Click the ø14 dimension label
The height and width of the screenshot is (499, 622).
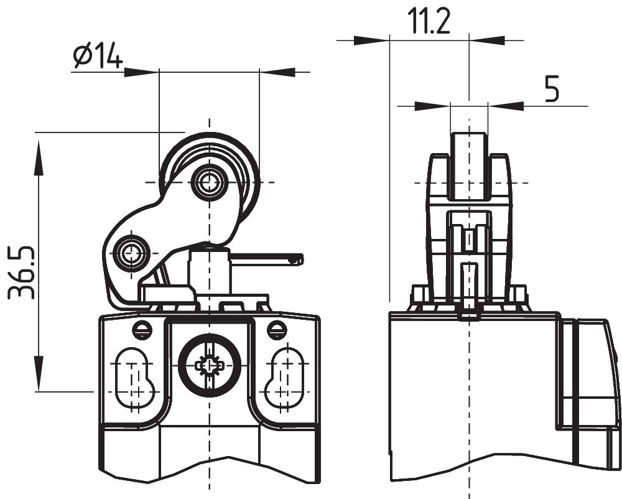tap(98, 57)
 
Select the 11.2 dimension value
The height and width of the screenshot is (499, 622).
tap(429, 22)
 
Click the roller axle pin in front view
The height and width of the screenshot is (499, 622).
tap(207, 182)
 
